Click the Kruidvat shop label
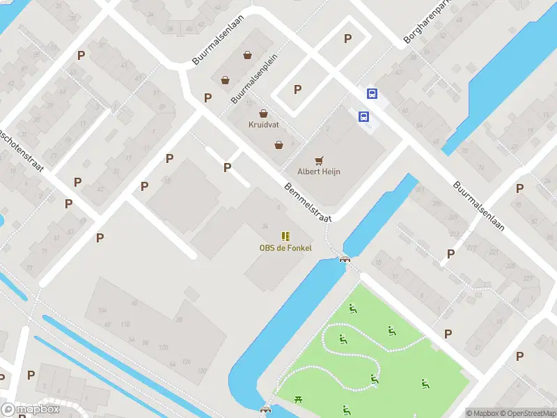[263, 125]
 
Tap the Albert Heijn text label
[319, 171]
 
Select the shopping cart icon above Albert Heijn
[320, 160]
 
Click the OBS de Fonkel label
[285, 248]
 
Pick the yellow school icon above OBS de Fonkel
[285, 236]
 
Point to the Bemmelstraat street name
[307, 203]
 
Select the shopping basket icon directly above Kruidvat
[263, 114]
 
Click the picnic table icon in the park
[299, 398]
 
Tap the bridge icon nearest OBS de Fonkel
[343, 259]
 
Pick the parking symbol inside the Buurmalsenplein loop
[297, 89]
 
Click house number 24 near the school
[265, 226]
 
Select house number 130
[164, 347]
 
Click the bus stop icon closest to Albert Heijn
[363, 116]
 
